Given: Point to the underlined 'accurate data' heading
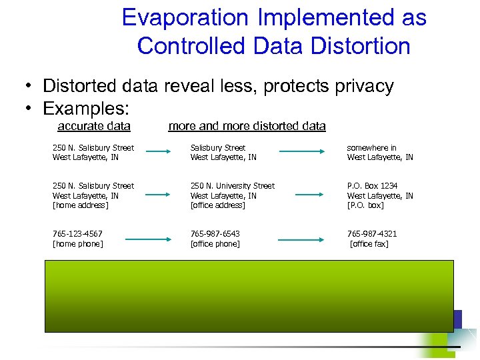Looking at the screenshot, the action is (94, 126).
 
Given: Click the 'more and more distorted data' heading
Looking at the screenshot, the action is (247, 126).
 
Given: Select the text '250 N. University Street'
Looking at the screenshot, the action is (232, 186).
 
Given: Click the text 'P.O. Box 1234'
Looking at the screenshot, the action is (372, 186).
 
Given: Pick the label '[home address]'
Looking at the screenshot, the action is (80, 205).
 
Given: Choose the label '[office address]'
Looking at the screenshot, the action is (217, 205).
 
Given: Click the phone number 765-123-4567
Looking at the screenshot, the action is (77, 234).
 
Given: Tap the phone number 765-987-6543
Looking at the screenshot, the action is (215, 234).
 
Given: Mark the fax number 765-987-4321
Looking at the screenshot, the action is (372, 234).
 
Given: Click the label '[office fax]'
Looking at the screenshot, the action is (369, 244).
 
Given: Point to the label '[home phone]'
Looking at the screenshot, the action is (78, 244).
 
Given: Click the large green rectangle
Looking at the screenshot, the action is (248, 295).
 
